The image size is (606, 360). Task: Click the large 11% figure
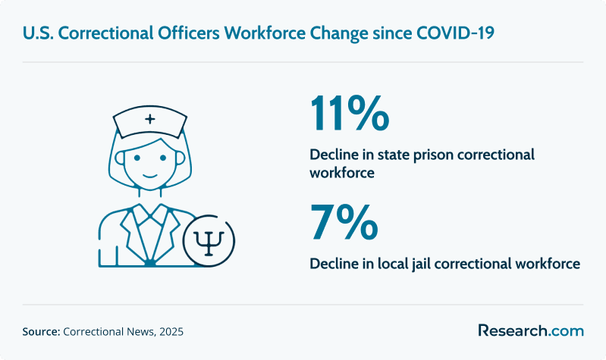pyautogui.click(x=350, y=114)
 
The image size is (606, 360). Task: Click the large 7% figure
pyautogui.click(x=344, y=223)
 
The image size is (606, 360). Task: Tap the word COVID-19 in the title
pyautogui.click(x=455, y=33)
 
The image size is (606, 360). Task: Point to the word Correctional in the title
pyautogui.click(x=105, y=33)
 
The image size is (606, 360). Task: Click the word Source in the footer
pyautogui.click(x=41, y=331)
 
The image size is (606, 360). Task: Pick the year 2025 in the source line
pyautogui.click(x=171, y=331)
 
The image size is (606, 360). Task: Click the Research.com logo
pyautogui.click(x=531, y=330)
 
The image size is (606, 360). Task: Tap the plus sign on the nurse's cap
pyautogui.click(x=150, y=119)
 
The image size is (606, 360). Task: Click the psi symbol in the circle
pyautogui.click(x=209, y=243)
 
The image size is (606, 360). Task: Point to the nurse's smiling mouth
pyautogui.click(x=150, y=176)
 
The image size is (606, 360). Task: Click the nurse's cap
pyautogui.click(x=150, y=121)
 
